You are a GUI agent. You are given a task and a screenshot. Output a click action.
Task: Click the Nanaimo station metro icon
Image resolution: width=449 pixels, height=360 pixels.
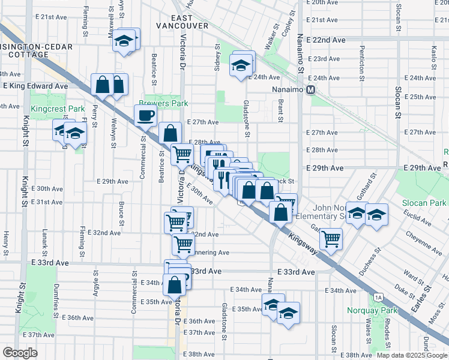tap(311, 90)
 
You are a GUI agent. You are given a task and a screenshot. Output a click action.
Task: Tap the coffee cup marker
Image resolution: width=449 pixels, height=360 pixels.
tap(146, 116)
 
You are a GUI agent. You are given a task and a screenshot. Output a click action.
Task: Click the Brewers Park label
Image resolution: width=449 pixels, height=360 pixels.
tap(164, 103)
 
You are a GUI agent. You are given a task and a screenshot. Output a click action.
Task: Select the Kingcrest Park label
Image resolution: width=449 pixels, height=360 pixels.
tap(58, 109)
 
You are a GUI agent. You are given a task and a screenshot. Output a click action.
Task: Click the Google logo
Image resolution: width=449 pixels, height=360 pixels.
tap(20, 353)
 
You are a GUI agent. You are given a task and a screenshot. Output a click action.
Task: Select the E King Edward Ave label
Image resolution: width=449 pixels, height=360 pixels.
tap(35, 86)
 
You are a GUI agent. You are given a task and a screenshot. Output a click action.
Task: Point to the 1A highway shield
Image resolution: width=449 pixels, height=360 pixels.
tap(378, 296)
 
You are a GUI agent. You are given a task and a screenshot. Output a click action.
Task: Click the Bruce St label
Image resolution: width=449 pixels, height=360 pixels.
tap(121, 212)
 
